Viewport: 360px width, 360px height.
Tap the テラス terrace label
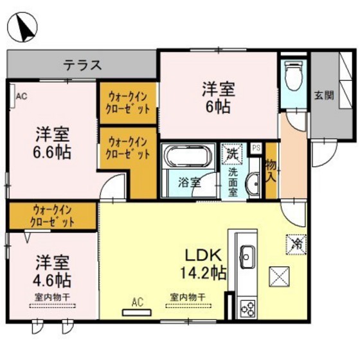[x=82, y=64]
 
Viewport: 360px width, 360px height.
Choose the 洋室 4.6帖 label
[x=53, y=272]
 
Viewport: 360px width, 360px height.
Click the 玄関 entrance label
[x=323, y=95]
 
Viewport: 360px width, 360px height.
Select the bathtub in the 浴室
[x=190, y=158]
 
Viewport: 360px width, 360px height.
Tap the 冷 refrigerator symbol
[x=296, y=244]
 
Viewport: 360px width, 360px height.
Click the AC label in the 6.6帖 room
[x=21, y=97]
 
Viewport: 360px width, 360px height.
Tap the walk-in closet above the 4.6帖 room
[x=53, y=215]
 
